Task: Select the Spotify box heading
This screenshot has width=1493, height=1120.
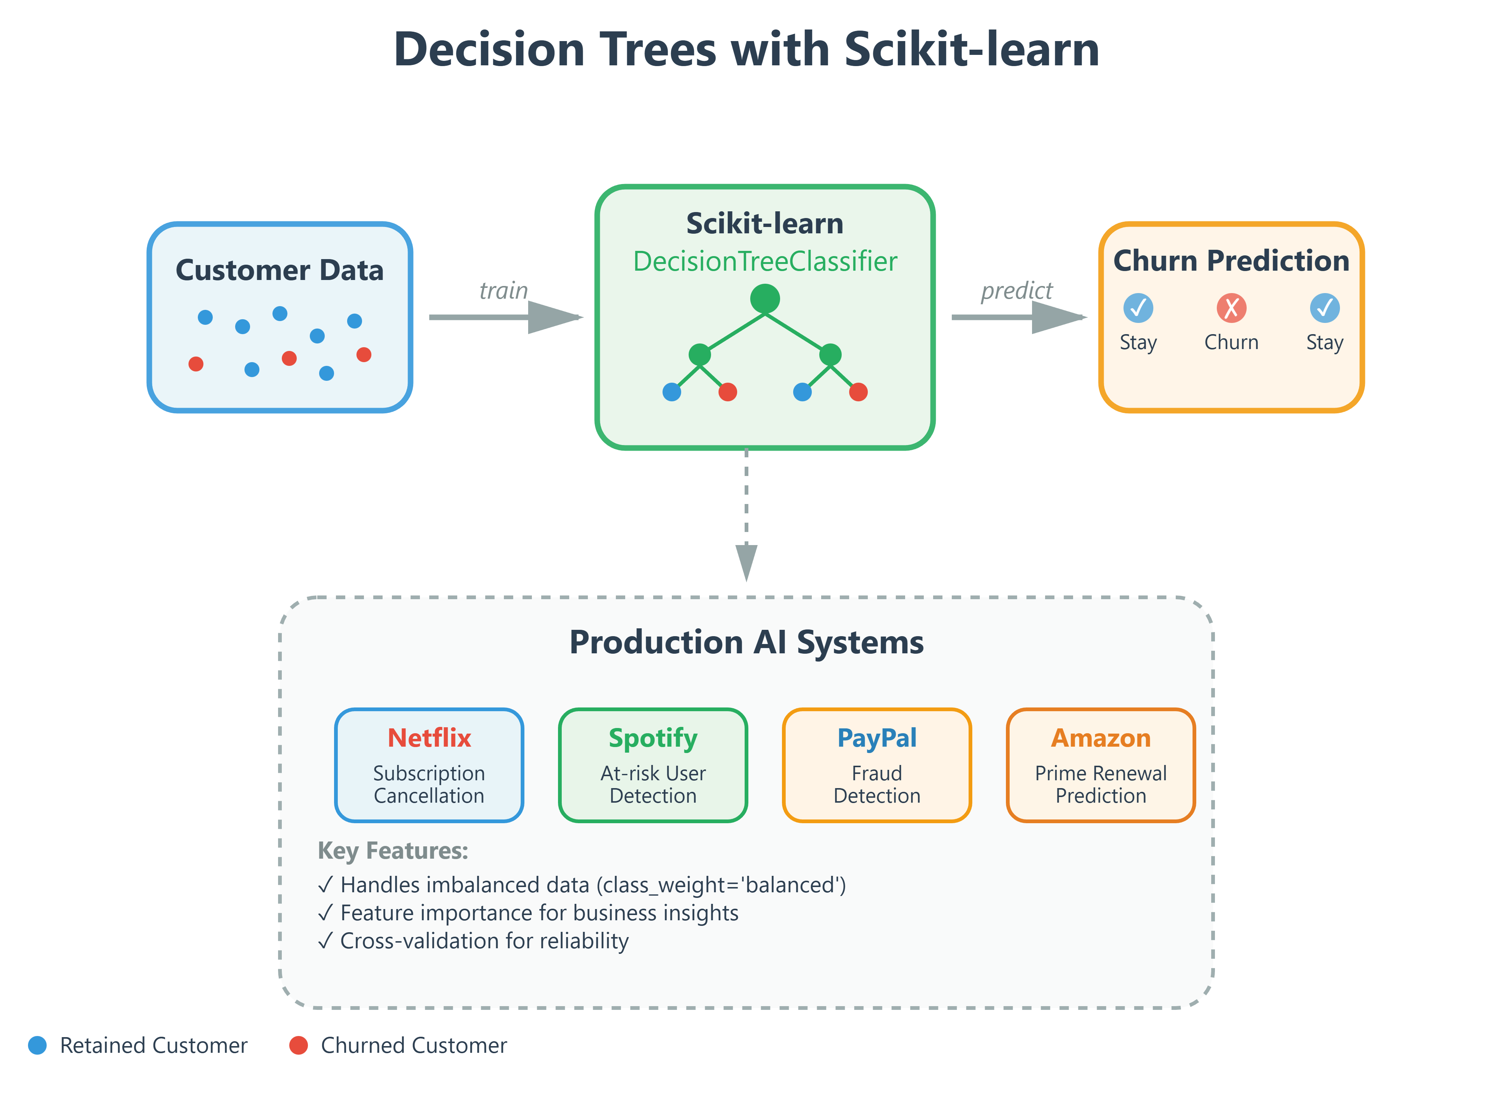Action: pos(653,738)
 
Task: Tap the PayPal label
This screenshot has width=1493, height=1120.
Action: pos(877,738)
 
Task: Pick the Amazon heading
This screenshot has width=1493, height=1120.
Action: pos(1100,738)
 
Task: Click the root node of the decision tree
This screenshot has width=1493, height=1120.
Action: pos(765,298)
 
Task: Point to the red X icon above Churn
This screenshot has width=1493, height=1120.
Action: pos(1231,308)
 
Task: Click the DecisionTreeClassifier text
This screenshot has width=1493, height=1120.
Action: pos(765,261)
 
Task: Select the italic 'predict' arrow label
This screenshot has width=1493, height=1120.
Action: pos(1016,290)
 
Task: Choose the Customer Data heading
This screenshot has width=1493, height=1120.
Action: pos(280,270)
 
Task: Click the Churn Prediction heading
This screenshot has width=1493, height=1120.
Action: pos(1231,261)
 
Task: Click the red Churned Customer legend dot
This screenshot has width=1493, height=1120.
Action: pos(298,1045)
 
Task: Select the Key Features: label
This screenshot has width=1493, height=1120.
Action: pos(393,850)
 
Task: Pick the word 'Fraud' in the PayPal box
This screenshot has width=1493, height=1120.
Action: pos(877,773)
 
